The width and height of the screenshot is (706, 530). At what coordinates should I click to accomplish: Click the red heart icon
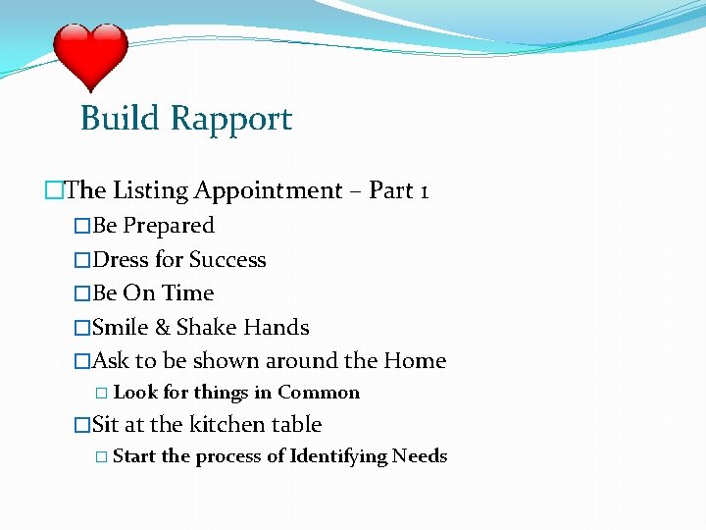tap(90, 57)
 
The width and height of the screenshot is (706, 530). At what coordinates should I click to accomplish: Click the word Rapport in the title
tap(231, 119)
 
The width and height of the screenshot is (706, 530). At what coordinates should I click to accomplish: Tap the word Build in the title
tap(120, 119)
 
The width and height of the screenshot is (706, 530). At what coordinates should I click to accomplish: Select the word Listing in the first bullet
tap(147, 190)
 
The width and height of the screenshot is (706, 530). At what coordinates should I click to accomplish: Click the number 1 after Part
tap(423, 190)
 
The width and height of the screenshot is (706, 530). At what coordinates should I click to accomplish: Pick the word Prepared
tap(169, 226)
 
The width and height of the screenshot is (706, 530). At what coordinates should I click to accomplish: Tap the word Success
tap(227, 260)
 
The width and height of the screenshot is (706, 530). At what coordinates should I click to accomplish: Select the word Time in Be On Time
tap(188, 293)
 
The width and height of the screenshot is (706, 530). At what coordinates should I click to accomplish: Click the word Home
tap(415, 361)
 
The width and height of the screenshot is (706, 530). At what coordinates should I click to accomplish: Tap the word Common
tap(319, 393)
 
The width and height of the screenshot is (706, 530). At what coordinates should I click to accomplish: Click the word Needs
tap(420, 456)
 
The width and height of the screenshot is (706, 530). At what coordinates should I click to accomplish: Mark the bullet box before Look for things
tap(102, 394)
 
